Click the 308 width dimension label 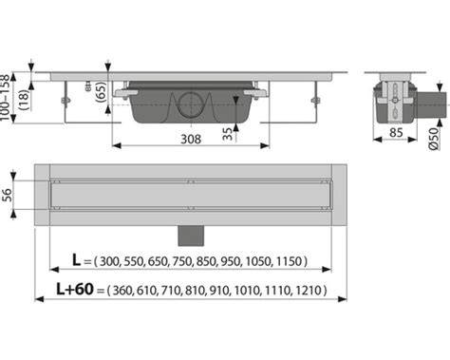point(191,139)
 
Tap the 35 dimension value point(227,134)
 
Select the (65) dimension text point(101,92)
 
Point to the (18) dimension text point(24,100)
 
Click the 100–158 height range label point(5,97)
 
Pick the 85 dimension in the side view point(396,132)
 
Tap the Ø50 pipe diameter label point(434,139)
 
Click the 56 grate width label point(7,195)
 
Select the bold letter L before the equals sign point(76,260)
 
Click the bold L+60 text point(75,289)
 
